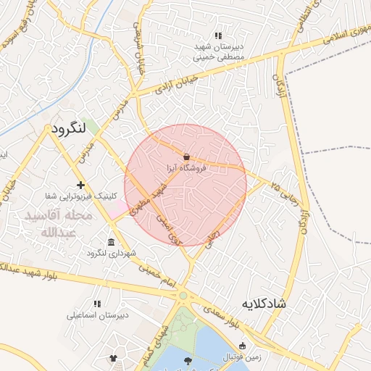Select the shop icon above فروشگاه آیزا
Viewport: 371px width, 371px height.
pyautogui.click(x=187, y=157)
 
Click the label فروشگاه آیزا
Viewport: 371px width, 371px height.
pyautogui.click(x=187, y=167)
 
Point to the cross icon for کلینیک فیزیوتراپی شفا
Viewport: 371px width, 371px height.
pyautogui.click(x=80, y=185)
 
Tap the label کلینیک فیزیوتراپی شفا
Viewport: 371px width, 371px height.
pyautogui.click(x=80, y=196)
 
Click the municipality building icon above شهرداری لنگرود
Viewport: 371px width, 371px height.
pyautogui.click(x=110, y=241)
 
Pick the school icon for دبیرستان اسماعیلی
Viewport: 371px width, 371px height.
pyautogui.click(x=97, y=304)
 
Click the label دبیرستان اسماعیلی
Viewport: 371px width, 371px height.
pyautogui.click(x=97, y=314)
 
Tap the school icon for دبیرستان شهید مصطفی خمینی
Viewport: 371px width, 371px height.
pyautogui.click(x=217, y=36)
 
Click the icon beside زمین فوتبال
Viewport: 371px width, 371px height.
pyautogui.click(x=242, y=346)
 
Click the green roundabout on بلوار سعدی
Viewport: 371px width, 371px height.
pyautogui.click(x=183, y=295)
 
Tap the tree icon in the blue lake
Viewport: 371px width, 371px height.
pyautogui.click(x=188, y=360)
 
